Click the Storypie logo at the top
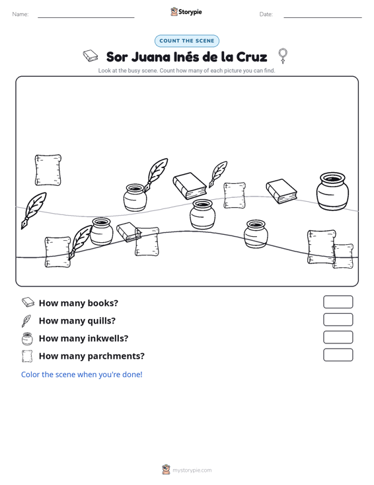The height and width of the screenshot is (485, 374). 186,12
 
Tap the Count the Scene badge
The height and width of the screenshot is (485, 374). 187,41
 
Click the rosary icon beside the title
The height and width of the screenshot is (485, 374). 283,56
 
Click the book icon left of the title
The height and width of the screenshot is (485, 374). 91,56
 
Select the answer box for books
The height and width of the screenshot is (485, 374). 338,302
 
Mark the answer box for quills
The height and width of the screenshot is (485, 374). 338,320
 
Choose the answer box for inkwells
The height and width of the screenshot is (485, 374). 338,337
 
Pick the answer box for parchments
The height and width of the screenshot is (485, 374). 338,355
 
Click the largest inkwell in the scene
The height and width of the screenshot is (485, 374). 332,191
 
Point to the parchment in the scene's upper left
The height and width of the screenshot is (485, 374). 48,170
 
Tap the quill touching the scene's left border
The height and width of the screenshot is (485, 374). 33,210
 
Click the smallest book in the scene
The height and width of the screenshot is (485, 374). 129,232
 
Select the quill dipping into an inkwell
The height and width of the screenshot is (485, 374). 157,175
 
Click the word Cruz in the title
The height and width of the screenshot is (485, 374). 252,57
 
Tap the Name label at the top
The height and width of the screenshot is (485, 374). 20,15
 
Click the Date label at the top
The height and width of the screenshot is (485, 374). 266,15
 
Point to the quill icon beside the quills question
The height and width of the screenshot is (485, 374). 26,321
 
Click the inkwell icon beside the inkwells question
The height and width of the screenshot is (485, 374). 27,339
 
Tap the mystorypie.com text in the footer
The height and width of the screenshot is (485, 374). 192,470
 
